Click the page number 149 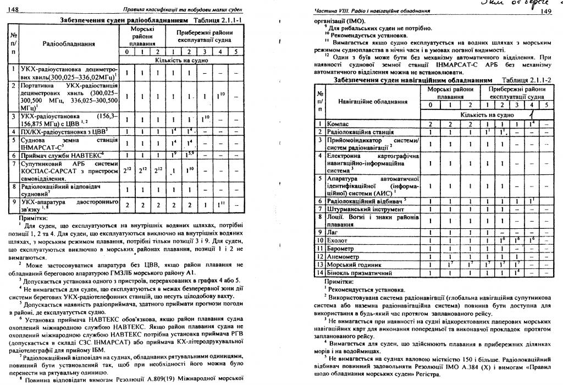pyautogui.click(x=545, y=11)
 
